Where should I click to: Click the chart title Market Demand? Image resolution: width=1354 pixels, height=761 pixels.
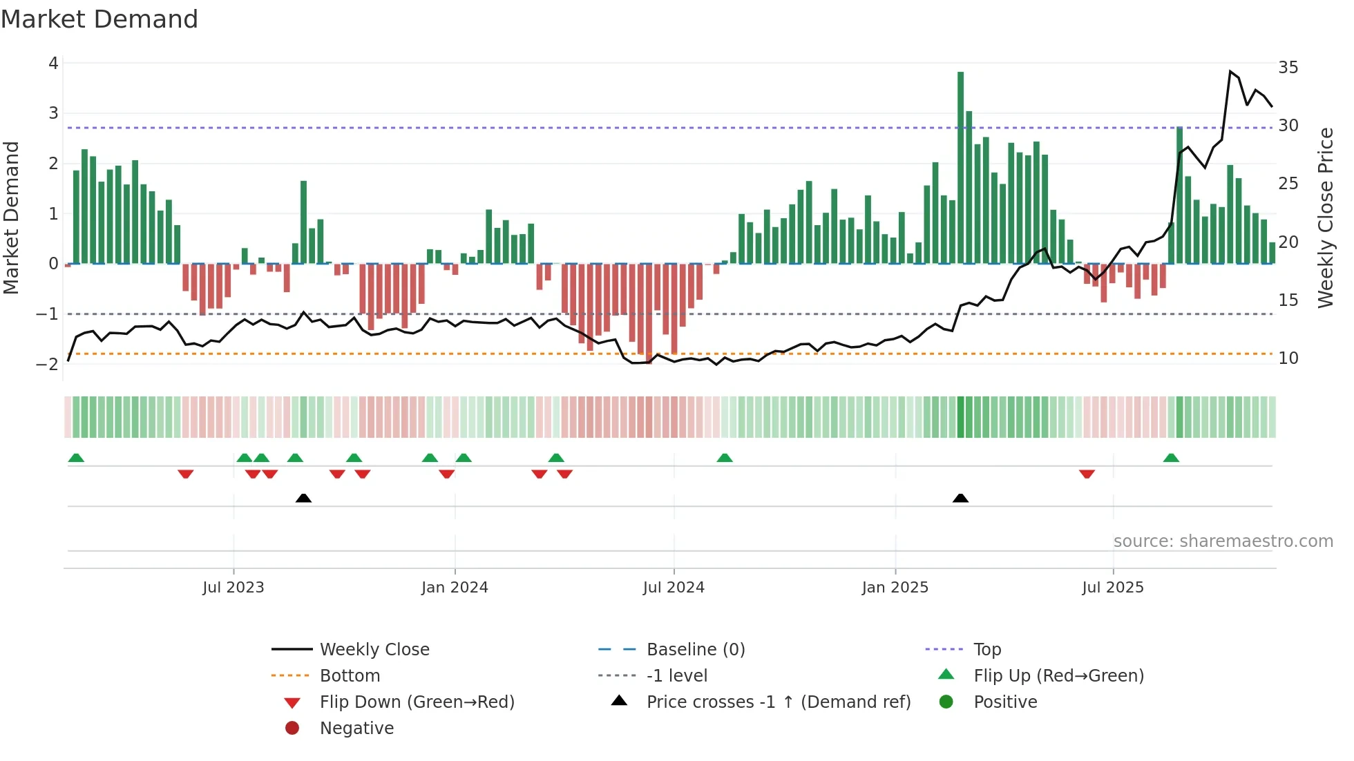(99, 19)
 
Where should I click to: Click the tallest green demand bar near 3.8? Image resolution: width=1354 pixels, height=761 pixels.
(960, 166)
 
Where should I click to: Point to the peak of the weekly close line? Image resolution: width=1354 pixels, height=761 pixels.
(1230, 72)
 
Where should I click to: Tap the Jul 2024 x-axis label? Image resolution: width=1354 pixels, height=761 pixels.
(674, 588)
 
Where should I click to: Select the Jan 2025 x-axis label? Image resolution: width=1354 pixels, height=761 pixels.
(895, 588)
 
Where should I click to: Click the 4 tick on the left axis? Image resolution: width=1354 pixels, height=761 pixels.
(53, 64)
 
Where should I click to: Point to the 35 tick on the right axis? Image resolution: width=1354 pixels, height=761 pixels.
(1288, 68)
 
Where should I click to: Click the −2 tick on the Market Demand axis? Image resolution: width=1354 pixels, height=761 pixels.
(48, 364)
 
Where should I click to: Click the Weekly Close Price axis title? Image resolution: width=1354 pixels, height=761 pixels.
(1325, 218)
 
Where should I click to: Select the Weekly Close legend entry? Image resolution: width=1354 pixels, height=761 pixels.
(374, 650)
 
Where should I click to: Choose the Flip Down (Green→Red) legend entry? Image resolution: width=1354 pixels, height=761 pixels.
(417, 702)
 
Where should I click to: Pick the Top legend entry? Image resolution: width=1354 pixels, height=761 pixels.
(987, 650)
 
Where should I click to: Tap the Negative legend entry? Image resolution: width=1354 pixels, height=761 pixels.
(356, 729)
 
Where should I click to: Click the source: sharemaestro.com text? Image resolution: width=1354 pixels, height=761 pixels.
(1223, 541)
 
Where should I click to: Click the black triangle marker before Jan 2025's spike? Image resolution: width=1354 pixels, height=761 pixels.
(960, 498)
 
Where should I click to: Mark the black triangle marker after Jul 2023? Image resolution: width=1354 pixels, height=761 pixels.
(303, 498)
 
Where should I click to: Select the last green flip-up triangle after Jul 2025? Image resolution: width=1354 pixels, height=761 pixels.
(1171, 458)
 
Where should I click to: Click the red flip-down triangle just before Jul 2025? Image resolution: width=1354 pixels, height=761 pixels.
(1087, 474)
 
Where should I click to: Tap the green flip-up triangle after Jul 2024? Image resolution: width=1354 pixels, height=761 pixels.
(724, 458)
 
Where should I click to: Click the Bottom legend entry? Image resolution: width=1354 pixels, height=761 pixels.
(350, 676)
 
